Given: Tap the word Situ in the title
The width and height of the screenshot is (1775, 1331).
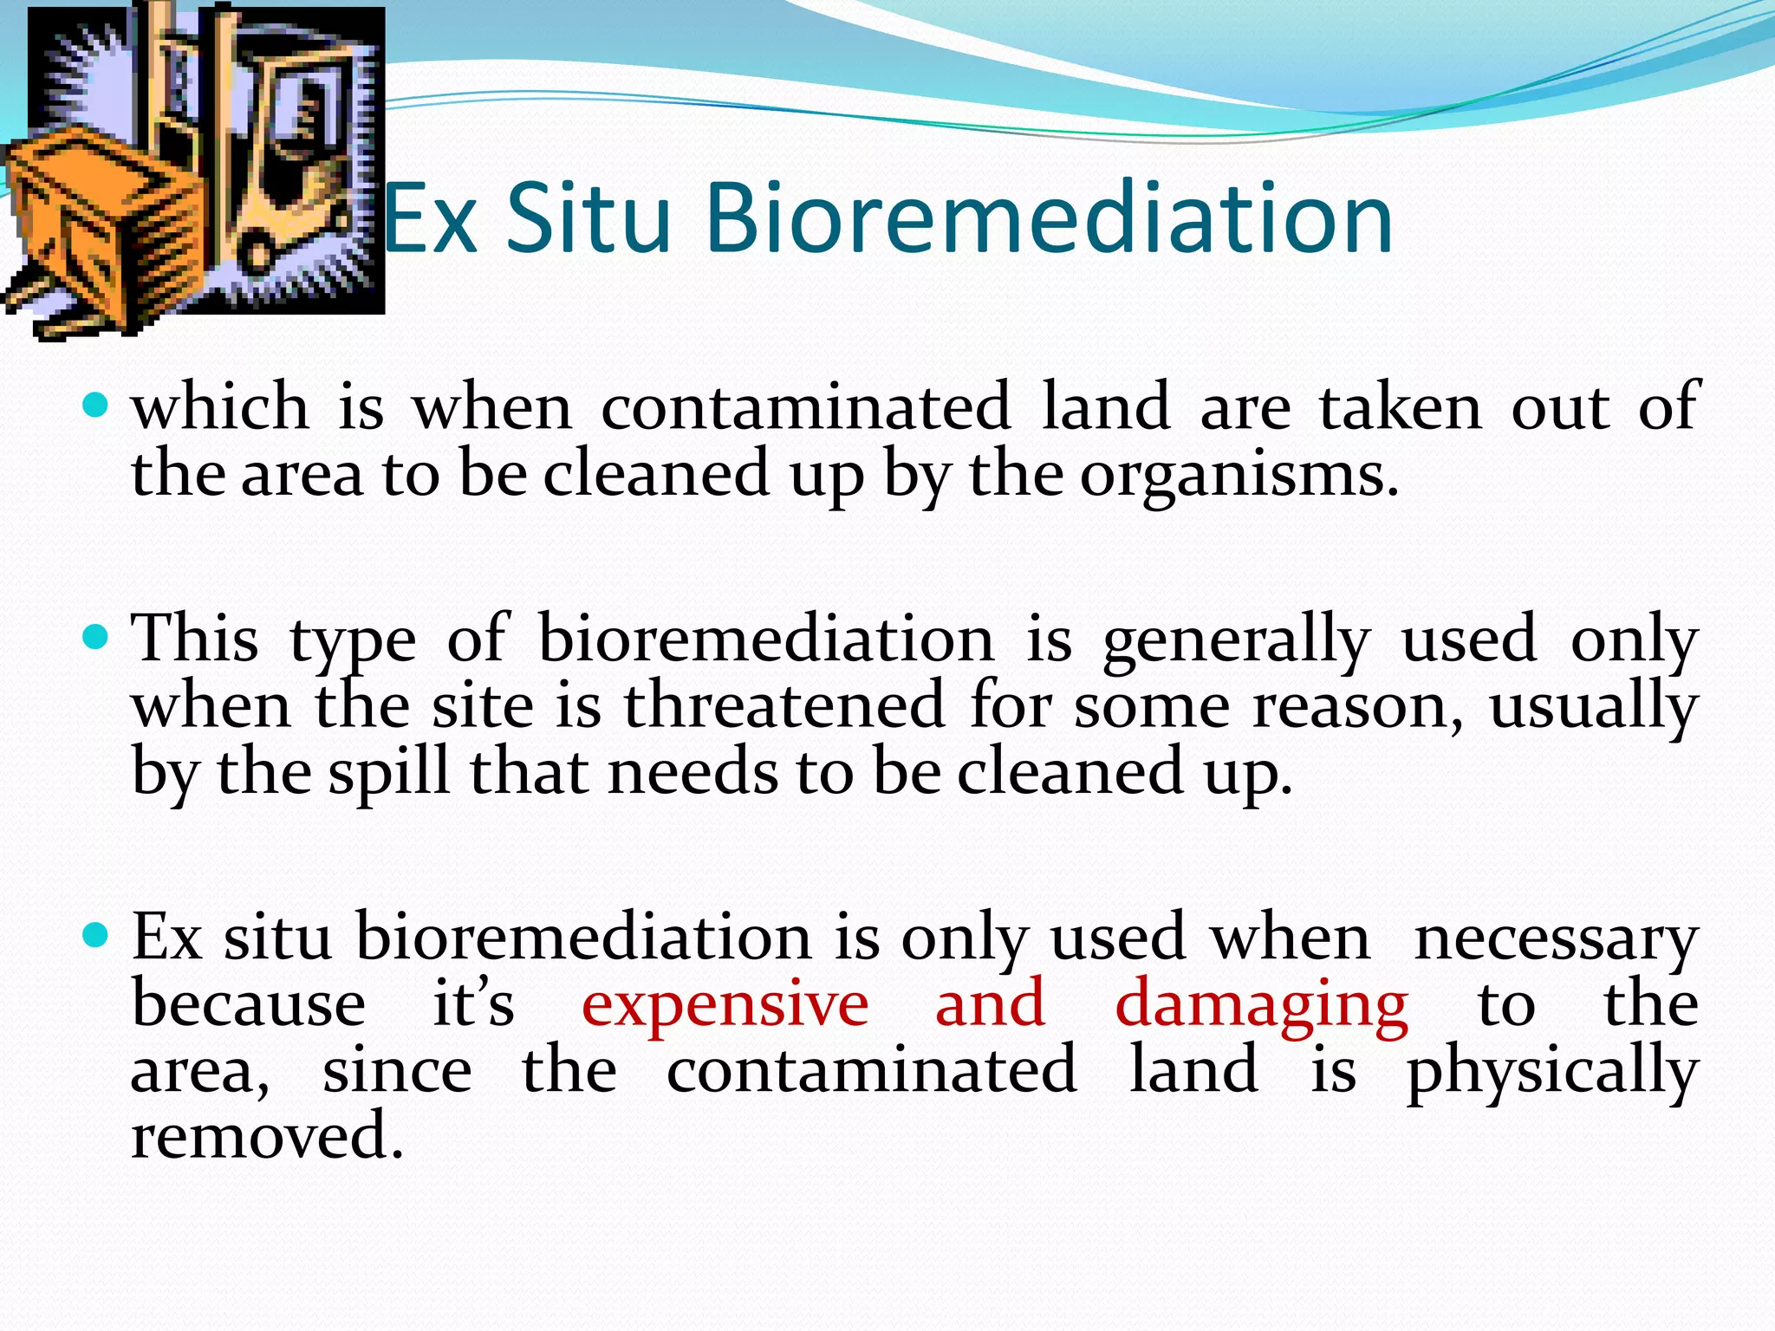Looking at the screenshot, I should [x=588, y=218].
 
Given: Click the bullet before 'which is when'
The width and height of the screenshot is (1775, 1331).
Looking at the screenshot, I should [x=95, y=406].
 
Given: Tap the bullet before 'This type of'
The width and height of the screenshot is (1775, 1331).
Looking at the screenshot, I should [x=95, y=639].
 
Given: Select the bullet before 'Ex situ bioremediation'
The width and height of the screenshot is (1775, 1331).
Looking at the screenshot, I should [x=95, y=936].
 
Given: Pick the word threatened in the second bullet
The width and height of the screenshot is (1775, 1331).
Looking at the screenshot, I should [x=783, y=704].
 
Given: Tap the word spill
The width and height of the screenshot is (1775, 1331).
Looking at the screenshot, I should [x=389, y=771].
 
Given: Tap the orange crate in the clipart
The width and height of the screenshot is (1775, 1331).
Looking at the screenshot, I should [x=95, y=217].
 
